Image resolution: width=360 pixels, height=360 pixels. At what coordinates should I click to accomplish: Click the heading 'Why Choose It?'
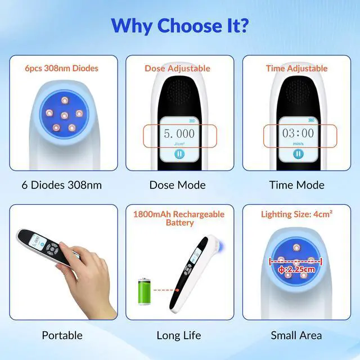coord(180,25)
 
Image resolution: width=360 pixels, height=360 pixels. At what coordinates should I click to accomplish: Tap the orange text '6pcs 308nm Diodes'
coord(61,68)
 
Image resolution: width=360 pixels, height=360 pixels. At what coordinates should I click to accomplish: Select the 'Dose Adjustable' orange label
coord(177,68)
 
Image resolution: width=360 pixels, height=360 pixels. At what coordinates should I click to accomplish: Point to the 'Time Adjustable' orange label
coord(296,68)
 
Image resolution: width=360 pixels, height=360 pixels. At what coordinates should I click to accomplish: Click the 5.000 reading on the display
coord(179,134)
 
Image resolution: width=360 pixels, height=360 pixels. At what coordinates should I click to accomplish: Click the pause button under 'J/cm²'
coord(178,154)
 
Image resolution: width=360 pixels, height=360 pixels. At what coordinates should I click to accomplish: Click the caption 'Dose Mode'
coord(178,184)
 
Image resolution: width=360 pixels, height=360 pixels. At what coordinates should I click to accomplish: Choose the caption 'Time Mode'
coord(297,184)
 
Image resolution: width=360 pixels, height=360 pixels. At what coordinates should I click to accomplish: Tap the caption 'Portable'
coord(62,335)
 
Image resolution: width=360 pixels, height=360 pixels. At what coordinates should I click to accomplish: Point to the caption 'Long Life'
coord(179,335)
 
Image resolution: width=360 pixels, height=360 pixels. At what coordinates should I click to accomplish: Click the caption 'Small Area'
coord(296,335)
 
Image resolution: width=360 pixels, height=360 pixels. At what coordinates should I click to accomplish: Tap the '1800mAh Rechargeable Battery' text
coord(179,218)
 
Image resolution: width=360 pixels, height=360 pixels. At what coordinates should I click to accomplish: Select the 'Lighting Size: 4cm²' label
coord(296,214)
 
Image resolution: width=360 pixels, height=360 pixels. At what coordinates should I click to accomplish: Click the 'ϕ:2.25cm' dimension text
coord(296,268)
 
